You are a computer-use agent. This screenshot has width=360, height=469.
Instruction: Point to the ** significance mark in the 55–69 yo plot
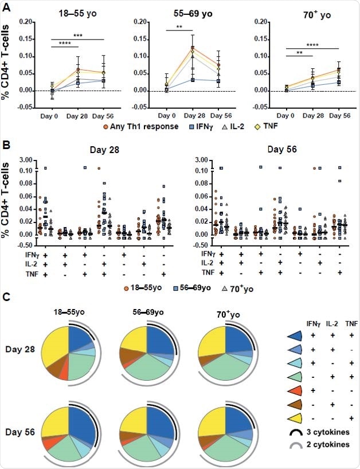178,26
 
